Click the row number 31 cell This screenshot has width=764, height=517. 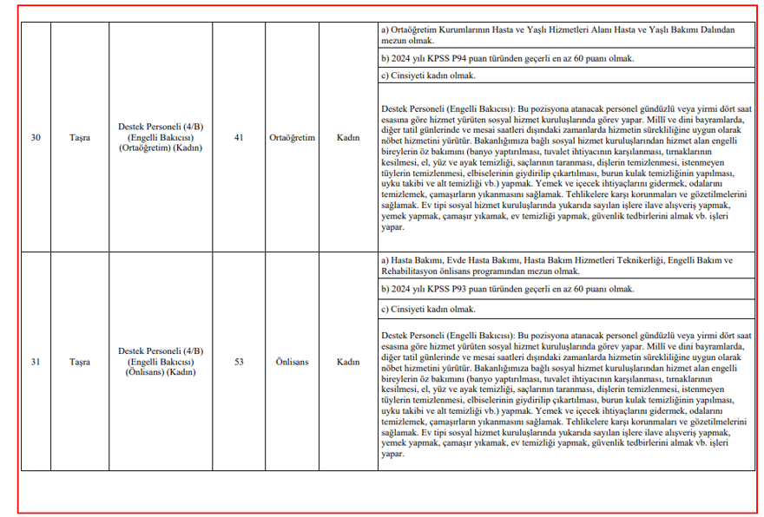coord(36,362)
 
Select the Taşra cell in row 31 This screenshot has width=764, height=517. coord(81,362)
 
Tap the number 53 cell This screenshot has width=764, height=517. coord(239,362)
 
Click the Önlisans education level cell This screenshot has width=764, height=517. coord(293,362)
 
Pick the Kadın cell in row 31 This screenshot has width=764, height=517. coord(348,362)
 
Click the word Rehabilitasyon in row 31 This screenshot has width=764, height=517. coord(412,271)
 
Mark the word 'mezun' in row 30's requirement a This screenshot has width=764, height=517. coord(394,40)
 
